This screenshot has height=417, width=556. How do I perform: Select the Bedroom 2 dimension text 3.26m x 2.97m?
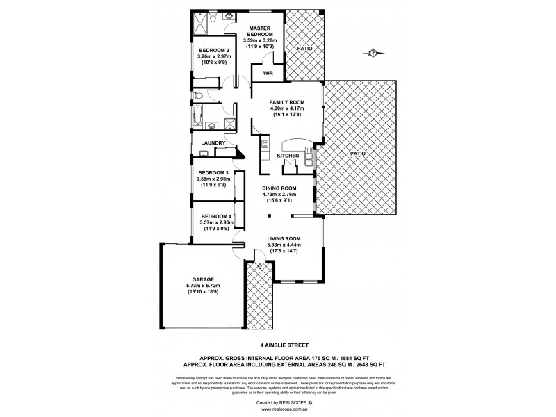pyautogui.click(x=213, y=56)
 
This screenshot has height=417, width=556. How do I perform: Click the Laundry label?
pyautogui.click(x=213, y=143)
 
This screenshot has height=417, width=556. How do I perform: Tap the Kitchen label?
pyautogui.click(x=288, y=156)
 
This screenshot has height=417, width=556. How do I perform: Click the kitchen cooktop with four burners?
pyautogui.click(x=265, y=145)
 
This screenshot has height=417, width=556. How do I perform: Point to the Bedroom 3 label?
pyautogui.click(x=213, y=173)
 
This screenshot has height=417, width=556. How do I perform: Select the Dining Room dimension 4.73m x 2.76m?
pyautogui.click(x=279, y=195)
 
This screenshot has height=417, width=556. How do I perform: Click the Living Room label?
pyautogui.click(x=284, y=238)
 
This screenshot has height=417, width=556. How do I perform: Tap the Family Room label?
pyautogui.click(x=288, y=101)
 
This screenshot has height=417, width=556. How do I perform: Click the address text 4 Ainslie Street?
pyautogui.click(x=278, y=343)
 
